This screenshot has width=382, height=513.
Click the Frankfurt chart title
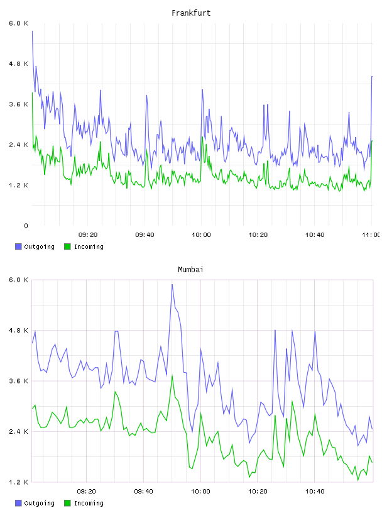(x=191, y=13)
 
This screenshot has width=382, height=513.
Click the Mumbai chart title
(x=190, y=270)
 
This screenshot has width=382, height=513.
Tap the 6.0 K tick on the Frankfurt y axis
(x=19, y=23)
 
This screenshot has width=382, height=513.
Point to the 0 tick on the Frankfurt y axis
(x=26, y=226)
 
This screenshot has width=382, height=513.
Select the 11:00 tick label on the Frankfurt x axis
(x=371, y=235)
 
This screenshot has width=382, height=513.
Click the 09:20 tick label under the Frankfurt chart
(x=88, y=235)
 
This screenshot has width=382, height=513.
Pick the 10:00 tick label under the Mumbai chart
(x=200, y=492)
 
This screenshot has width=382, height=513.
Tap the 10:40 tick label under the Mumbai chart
(x=315, y=492)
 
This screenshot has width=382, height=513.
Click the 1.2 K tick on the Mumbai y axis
(x=19, y=482)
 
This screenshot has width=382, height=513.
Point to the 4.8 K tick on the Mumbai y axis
(x=19, y=331)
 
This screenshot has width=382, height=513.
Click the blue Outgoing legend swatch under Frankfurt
(x=18, y=246)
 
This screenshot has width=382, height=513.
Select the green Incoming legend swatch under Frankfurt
(x=67, y=246)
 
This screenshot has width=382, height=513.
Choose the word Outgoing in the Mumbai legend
(x=39, y=503)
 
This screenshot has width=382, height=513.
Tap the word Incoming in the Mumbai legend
(x=89, y=503)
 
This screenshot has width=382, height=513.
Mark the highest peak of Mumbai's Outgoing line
(x=172, y=284)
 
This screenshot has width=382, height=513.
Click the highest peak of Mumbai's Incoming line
(x=172, y=375)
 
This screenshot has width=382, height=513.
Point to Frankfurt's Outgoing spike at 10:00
(x=202, y=89)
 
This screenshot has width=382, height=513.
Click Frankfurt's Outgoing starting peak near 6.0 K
(x=32, y=31)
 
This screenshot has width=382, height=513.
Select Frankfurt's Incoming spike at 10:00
(x=202, y=137)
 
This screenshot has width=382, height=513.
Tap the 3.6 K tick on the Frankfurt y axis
(x=19, y=104)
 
